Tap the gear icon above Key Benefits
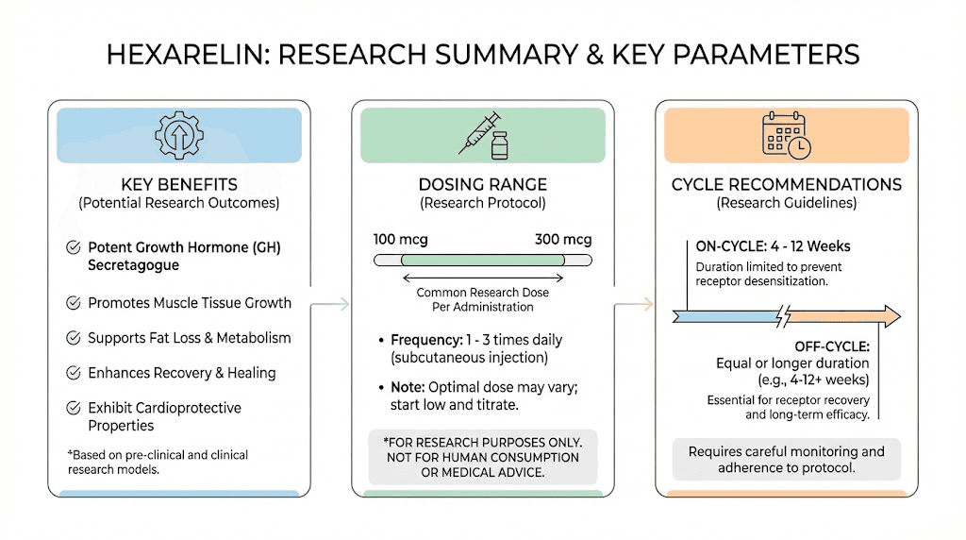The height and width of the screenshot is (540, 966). (179, 134)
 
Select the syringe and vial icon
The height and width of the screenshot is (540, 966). (483, 134)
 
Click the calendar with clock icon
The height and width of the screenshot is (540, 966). (786, 134)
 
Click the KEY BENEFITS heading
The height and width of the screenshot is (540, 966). (179, 184)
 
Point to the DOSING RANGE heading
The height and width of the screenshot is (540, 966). (482, 184)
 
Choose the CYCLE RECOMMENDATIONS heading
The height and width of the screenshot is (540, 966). (786, 184)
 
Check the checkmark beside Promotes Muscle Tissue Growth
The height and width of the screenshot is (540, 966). (73, 304)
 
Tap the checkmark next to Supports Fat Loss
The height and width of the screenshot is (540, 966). (73, 338)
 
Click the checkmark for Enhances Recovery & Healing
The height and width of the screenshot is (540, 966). (73, 373)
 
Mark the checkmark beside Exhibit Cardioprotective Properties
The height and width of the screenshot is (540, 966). (73, 408)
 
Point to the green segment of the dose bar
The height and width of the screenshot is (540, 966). (481, 260)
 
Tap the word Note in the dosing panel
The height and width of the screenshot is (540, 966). (408, 387)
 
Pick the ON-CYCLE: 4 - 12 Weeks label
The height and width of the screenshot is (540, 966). (773, 246)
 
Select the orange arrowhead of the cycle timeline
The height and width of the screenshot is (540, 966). (886, 316)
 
